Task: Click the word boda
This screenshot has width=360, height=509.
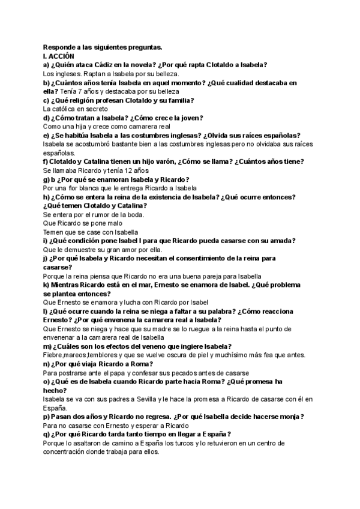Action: (x=136, y=214)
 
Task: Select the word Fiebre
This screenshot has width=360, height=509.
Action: (x=55, y=355)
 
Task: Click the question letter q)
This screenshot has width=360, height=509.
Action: (x=47, y=435)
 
